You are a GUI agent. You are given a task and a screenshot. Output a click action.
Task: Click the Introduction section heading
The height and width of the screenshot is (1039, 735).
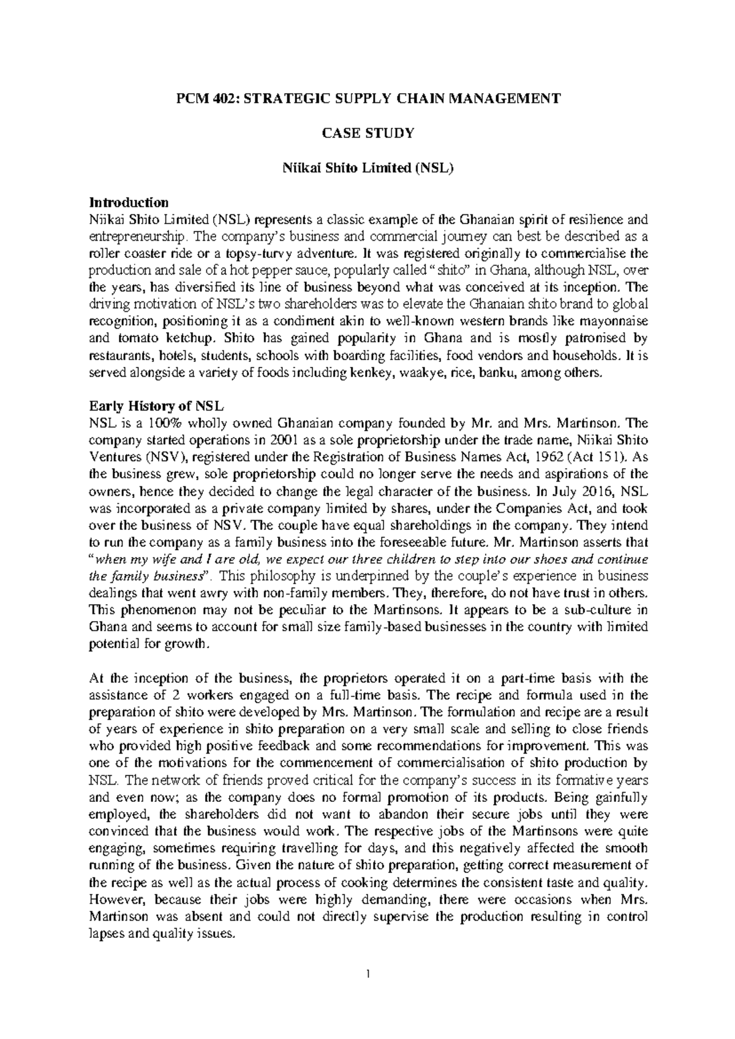(129, 202)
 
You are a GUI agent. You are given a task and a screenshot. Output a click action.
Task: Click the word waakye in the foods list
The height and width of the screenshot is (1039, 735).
(418, 372)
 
